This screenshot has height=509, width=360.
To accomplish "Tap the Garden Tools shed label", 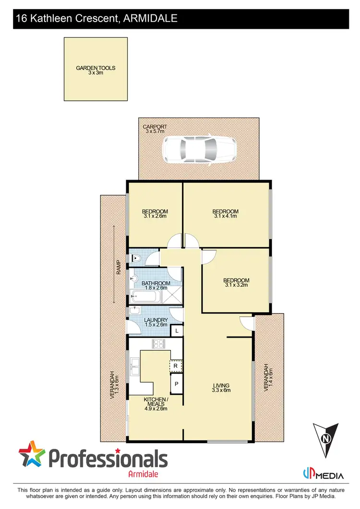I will [x=96, y=71].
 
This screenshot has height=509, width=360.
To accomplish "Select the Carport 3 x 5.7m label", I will [x=154, y=129].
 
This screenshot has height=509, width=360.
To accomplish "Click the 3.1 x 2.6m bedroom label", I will [x=155, y=214].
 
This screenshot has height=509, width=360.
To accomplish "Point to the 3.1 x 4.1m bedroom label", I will [x=226, y=214].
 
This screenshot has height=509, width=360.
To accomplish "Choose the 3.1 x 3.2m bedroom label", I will [x=236, y=283].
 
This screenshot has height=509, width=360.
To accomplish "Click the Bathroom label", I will [x=156, y=285].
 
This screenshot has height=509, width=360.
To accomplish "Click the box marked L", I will [x=177, y=331].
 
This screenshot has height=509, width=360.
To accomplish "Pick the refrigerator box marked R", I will [x=176, y=366].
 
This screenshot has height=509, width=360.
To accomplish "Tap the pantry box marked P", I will [x=176, y=384].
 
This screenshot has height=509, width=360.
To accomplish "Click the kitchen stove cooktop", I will [x=158, y=343].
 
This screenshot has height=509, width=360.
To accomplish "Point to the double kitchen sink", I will [x=134, y=371].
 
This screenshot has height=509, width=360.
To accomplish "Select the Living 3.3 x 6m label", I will [x=222, y=388].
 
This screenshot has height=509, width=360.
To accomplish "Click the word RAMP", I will [x=118, y=267].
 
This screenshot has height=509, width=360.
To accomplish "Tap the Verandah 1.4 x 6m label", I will [x=269, y=377].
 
